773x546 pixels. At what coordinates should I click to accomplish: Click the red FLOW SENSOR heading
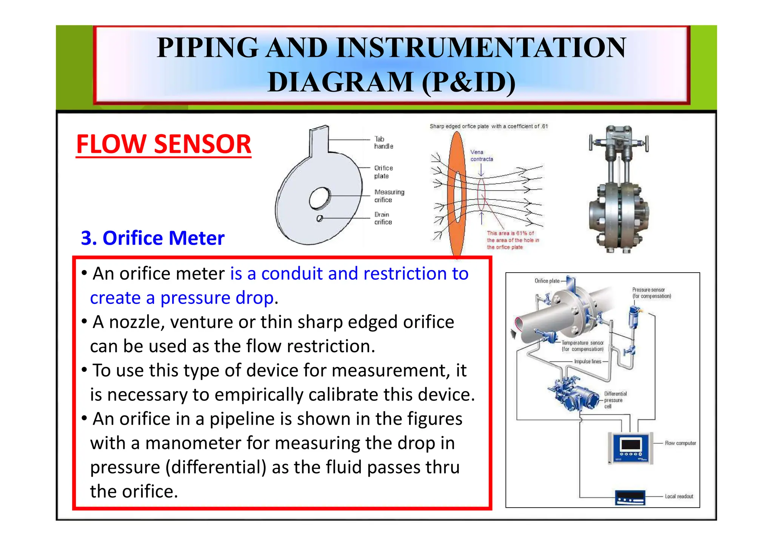(163, 144)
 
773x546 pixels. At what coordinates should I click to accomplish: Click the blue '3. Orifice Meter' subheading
(152, 238)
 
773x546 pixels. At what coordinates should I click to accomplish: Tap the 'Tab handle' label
(383, 143)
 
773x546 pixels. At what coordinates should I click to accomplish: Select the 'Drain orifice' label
(383, 218)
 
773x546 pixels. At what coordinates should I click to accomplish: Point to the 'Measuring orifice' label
(389, 196)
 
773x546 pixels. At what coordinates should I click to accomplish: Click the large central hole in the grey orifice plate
(319, 198)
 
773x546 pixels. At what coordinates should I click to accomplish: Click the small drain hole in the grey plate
(319, 218)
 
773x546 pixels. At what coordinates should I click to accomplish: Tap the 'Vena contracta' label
(481, 155)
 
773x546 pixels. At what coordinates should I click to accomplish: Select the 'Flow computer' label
(680, 443)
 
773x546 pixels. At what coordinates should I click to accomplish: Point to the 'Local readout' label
(679, 496)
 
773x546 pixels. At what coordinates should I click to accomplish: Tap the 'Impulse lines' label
(587, 361)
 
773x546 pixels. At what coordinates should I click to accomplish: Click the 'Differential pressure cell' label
(615, 400)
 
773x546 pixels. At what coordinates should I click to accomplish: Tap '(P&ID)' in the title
(468, 82)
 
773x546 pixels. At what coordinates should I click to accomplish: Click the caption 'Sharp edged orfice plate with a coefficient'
(488, 126)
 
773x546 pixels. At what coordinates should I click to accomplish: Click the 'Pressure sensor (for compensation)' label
(651, 293)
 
